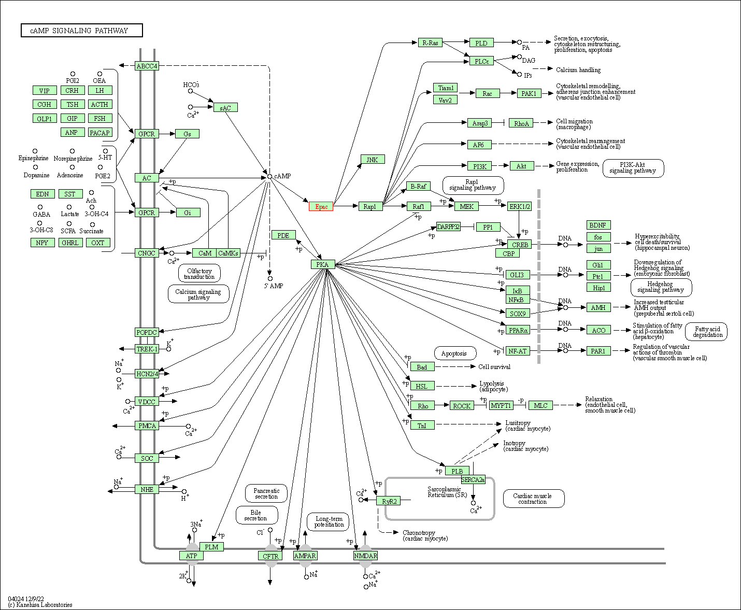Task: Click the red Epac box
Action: point(321,207)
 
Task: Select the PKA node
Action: point(323,264)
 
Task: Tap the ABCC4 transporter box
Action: point(147,66)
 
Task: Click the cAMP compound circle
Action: point(269,176)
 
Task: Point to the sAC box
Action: point(225,107)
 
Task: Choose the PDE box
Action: point(283,235)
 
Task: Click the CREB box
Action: point(519,244)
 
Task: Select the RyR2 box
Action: point(389,501)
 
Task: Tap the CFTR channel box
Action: point(270,556)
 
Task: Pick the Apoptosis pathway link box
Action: point(455,353)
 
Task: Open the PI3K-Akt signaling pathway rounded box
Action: point(633,168)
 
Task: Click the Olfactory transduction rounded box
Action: point(199,273)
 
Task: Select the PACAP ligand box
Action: point(100,133)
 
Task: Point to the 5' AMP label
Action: point(274,286)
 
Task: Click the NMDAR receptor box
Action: point(365,556)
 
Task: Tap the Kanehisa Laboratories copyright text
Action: point(40,605)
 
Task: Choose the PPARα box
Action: point(518,330)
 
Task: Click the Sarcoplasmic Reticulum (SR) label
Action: point(447,492)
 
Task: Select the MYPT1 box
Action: point(501,405)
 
